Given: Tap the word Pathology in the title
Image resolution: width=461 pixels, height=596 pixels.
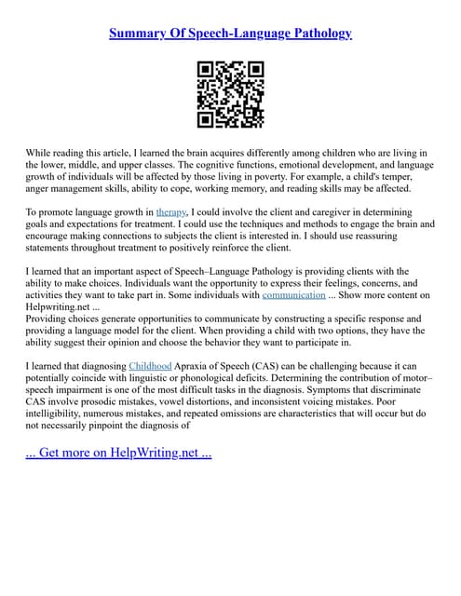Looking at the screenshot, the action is (318, 34).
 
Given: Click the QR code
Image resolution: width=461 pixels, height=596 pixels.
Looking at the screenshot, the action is (230, 94).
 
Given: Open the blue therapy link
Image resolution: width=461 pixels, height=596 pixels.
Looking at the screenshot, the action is (170, 212).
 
